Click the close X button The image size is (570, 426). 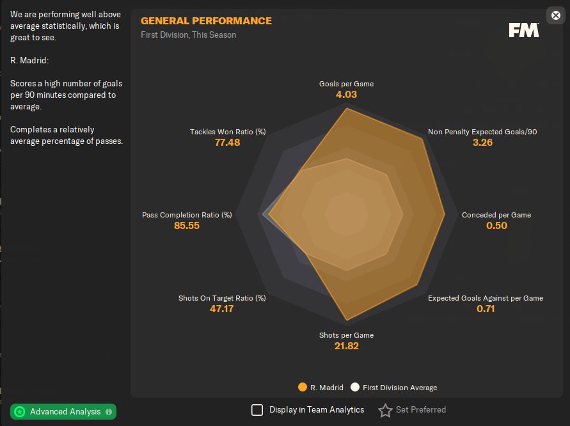click(x=556, y=15)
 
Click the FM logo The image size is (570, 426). click(x=524, y=30)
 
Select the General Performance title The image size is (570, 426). click(x=206, y=21)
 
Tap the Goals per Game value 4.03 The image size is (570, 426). click(x=346, y=95)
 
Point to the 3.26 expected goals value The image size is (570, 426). click(x=482, y=143)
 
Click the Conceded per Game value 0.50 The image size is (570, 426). click(x=496, y=226)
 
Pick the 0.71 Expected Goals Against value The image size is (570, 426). click(x=486, y=309)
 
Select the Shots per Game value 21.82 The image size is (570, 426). click(x=346, y=346)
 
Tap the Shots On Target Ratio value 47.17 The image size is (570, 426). click(x=221, y=309)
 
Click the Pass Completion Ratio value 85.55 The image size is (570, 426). click(x=187, y=226)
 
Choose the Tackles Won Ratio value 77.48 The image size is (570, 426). click(x=228, y=143)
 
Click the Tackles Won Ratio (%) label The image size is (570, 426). click(x=228, y=132)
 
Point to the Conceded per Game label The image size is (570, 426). click(x=496, y=215)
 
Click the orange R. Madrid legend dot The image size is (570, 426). click(x=303, y=387)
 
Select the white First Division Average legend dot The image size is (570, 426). click(x=355, y=387)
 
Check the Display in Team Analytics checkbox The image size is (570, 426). click(x=257, y=410)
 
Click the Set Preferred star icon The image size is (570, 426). click(x=385, y=410)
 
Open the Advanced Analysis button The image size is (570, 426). click(x=63, y=411)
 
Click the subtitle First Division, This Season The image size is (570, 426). click(x=188, y=35)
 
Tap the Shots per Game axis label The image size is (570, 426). click(x=346, y=335)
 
